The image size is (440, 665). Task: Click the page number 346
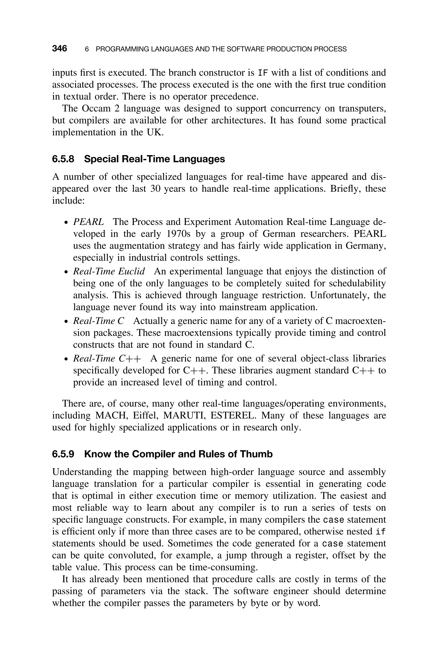coord(60,49)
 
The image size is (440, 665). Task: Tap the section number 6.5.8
coord(63,159)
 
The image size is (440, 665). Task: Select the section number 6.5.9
coord(63,454)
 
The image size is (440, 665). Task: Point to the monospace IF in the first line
coord(263,73)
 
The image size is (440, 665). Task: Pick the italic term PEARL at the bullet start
coord(88,222)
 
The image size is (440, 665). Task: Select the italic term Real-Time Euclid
coord(109,271)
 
